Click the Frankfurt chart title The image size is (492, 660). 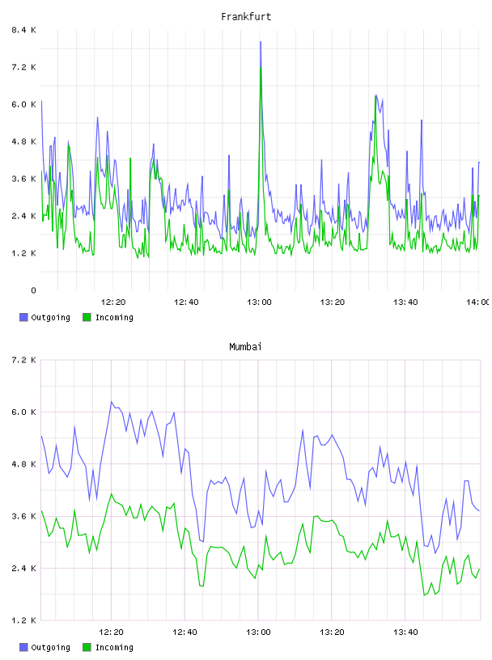pos(246,17)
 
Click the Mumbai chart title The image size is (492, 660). pos(245,347)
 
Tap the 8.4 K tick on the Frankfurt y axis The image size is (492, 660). pos(23,30)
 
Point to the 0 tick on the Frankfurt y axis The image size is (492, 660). pos(33,290)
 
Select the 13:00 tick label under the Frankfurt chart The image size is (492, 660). pos(259,302)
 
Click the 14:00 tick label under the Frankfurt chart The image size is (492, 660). pos(478,302)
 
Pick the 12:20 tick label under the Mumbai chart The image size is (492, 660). pos(111,632)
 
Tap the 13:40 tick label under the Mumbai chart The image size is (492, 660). pos(405,632)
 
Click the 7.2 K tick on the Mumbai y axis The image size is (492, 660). pos(23,360)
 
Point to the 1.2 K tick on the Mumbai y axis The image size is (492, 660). pos(23,620)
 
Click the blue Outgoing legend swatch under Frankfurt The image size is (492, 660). pos(23,317)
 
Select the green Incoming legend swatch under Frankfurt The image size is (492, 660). pos(87,317)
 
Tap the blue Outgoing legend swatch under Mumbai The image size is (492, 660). pos(23,647)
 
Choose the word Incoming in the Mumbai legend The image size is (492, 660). pos(114,647)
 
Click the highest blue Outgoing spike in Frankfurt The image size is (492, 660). pos(261,42)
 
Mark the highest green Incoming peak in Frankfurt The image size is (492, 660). pos(261,67)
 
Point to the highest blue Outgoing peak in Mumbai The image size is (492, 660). pos(112,401)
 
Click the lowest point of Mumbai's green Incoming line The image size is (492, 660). pos(424,595)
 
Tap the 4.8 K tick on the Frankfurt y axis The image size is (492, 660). pos(23,142)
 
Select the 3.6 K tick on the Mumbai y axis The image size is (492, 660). pos(23,516)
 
